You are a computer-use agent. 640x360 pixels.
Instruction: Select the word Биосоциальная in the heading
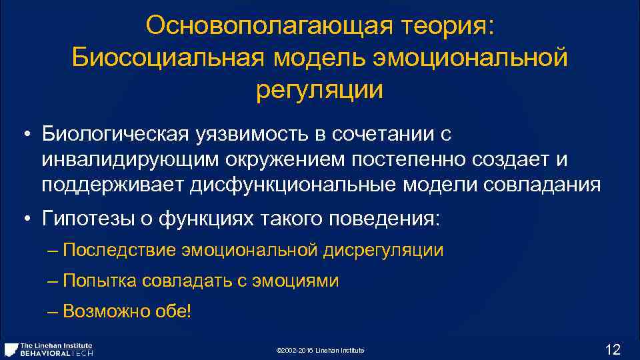click(168, 57)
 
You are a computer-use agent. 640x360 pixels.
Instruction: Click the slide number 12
click(612, 349)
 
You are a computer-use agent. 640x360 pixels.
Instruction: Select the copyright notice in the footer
click(320, 351)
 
